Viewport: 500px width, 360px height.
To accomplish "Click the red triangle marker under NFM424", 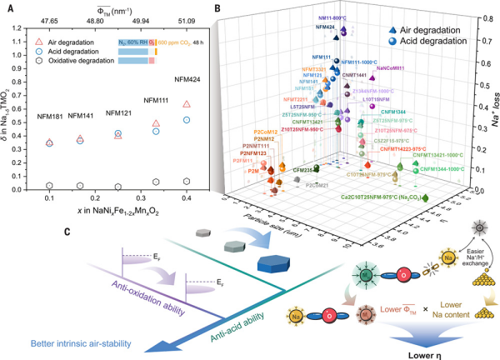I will [x=186, y=104].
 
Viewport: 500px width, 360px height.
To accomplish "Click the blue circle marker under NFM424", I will [x=186, y=119].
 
